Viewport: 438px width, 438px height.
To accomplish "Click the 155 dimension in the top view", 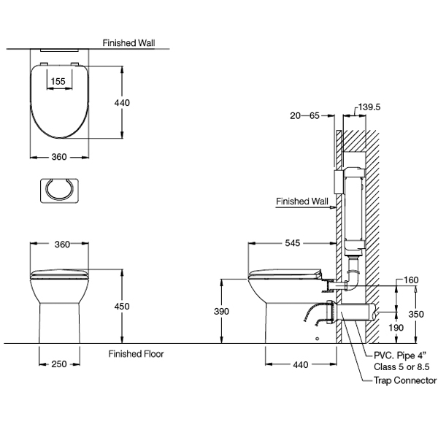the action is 58,81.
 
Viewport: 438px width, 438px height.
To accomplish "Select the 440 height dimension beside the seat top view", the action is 122,103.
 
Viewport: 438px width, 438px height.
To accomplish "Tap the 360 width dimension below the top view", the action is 59,157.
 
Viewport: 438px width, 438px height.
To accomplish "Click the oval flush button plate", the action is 60,191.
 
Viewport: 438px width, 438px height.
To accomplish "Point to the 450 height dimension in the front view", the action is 122,307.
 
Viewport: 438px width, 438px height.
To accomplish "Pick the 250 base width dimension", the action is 59,364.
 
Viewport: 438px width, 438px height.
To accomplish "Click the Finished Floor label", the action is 136,354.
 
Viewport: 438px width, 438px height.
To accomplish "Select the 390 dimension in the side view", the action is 221,311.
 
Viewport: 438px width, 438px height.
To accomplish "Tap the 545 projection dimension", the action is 293,243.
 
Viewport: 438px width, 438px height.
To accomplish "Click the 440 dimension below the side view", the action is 301,364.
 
